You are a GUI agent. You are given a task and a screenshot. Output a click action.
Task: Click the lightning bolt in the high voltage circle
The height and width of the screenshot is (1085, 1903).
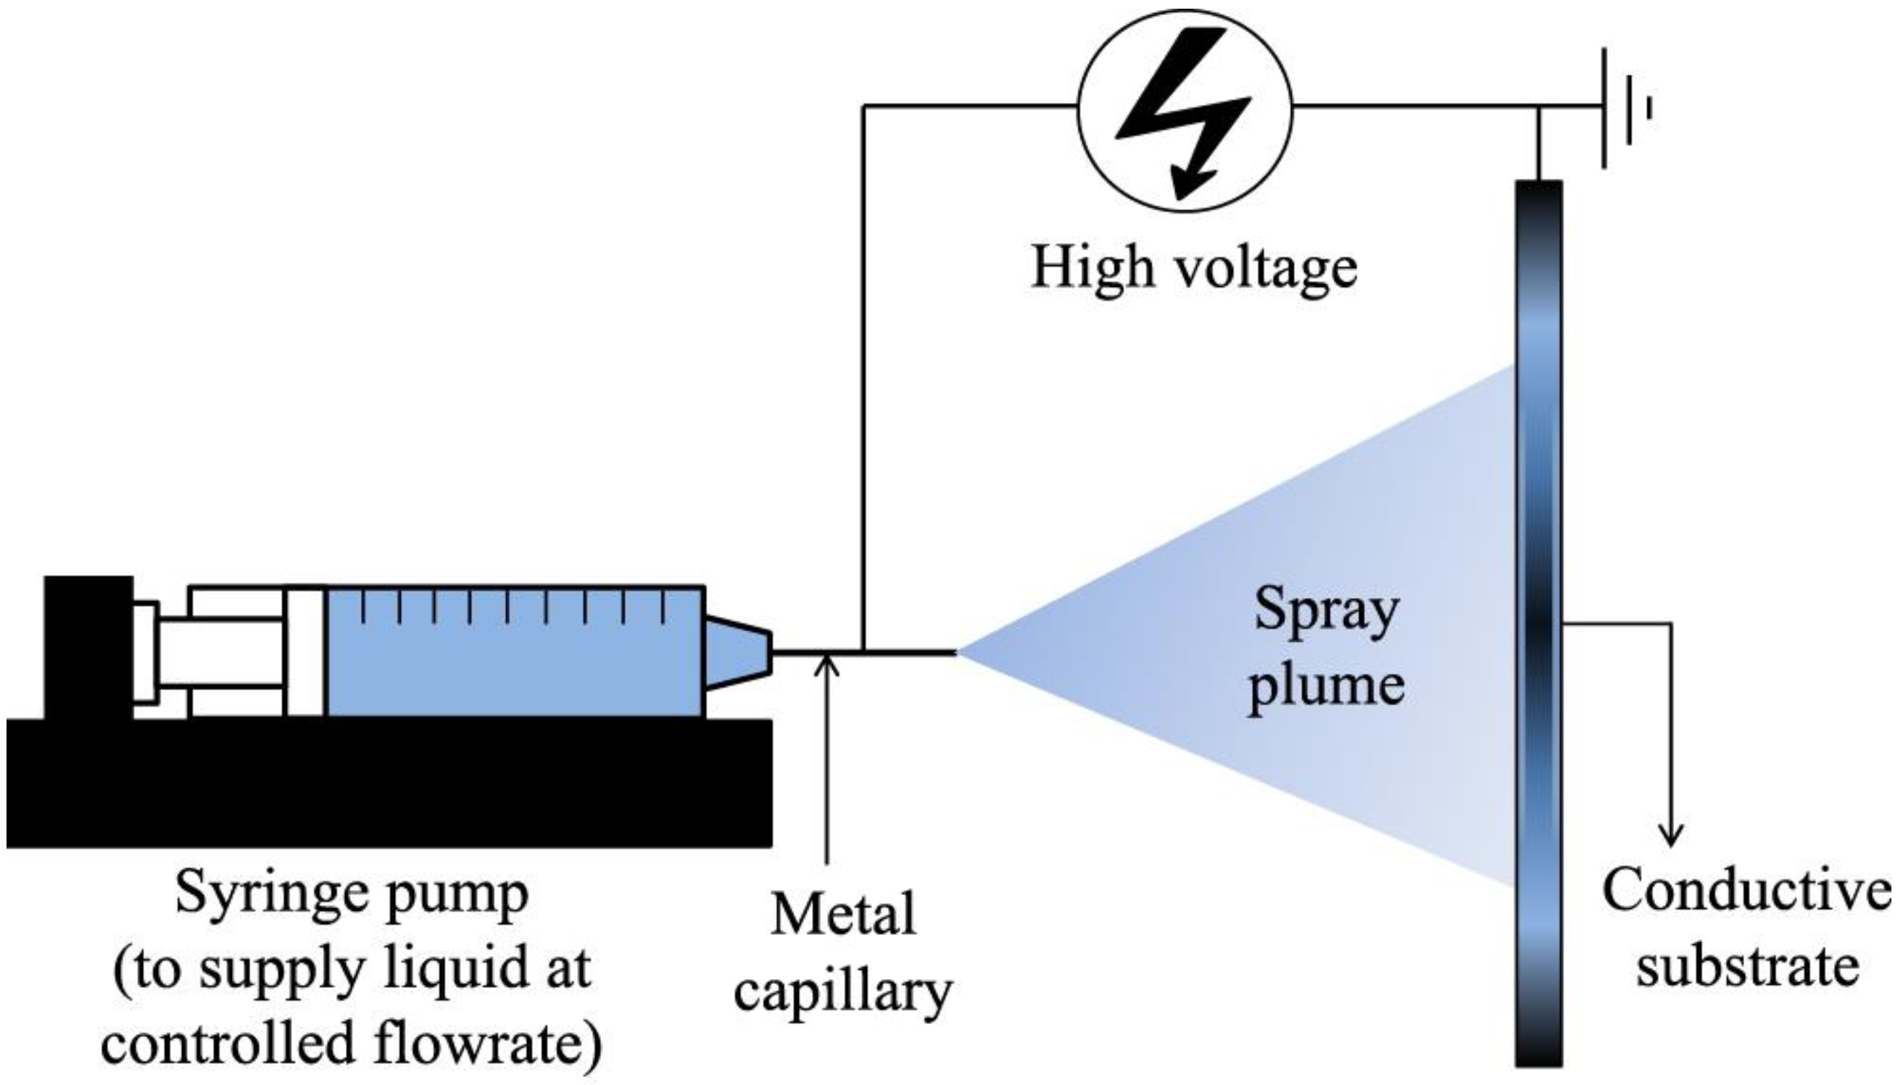point(1184,112)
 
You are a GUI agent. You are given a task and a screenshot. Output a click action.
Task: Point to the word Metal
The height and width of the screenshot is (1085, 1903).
point(843,915)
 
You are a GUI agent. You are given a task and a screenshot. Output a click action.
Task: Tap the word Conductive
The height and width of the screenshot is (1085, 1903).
point(1746,891)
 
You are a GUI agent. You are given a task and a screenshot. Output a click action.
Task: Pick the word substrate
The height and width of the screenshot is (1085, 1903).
point(1746,968)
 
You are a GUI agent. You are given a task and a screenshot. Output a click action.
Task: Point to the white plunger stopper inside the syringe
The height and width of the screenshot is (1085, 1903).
point(305,652)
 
